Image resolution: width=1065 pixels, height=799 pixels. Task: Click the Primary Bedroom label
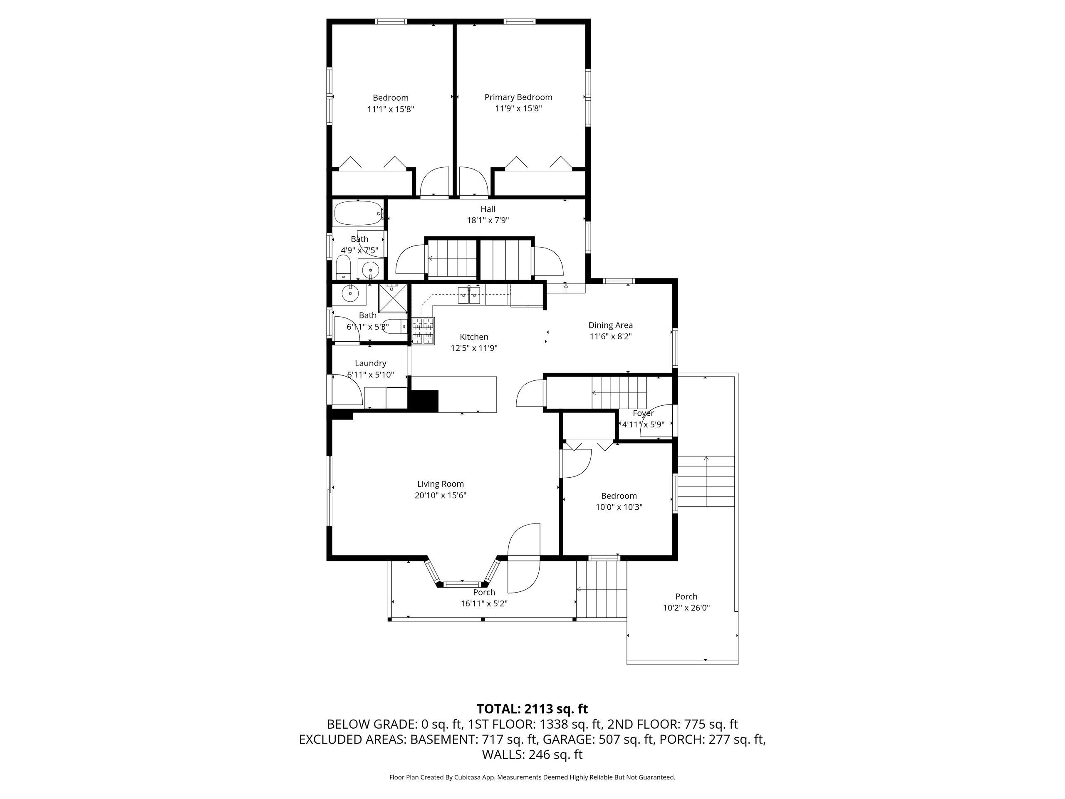pos(518,97)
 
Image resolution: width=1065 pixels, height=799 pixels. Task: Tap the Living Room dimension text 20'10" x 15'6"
pos(441,495)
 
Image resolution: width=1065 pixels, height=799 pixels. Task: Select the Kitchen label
pos(474,337)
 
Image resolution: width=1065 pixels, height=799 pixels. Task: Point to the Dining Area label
pos(610,325)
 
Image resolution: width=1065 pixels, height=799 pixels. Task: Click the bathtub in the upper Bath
pos(358,213)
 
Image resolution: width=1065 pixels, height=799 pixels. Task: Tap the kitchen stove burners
pos(423,331)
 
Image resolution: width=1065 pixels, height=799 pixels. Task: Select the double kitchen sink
pos(468,295)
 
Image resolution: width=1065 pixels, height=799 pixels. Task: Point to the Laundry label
pos(370,364)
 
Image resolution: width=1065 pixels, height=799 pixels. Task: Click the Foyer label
pos(643,413)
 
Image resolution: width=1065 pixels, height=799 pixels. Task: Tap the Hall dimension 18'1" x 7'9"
pos(488,220)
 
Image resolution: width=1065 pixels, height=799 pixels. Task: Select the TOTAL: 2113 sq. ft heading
pos(532,709)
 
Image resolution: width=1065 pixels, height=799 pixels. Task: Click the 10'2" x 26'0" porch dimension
pos(686,608)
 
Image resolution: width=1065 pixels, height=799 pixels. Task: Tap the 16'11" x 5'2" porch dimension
pos(484,603)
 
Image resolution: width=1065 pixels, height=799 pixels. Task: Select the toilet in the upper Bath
pos(343,267)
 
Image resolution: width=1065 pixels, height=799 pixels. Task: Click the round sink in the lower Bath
pos(350,292)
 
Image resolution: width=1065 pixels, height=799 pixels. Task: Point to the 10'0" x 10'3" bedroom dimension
pos(619,507)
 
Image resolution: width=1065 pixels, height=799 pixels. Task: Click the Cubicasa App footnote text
pos(532,777)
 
